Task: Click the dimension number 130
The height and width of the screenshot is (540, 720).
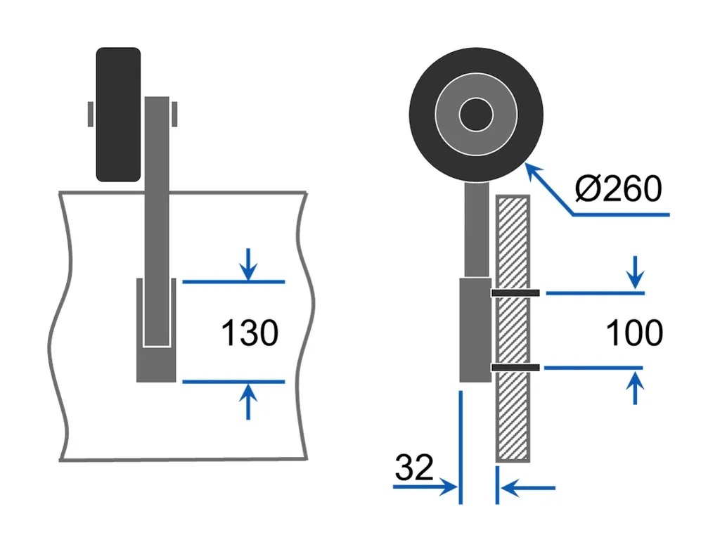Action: (x=250, y=333)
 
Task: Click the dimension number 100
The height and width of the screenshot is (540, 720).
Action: (x=634, y=333)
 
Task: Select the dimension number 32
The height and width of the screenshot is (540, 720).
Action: (x=414, y=468)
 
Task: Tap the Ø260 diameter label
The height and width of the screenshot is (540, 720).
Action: (x=618, y=189)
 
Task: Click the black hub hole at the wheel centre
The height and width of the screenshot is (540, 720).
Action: (x=476, y=113)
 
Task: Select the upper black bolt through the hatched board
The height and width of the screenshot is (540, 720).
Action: (x=515, y=292)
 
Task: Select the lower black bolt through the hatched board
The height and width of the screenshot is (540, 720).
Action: (x=515, y=367)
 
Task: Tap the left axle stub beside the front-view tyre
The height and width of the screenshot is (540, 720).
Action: (x=91, y=114)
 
